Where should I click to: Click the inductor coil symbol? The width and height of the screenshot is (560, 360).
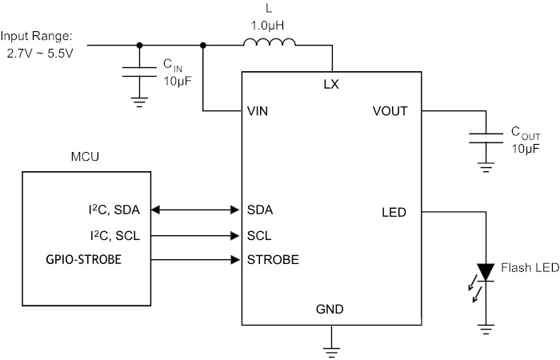click(x=270, y=42)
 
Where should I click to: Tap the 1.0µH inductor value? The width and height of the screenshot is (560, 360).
click(x=267, y=26)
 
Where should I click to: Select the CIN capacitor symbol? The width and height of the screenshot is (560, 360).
click(x=139, y=71)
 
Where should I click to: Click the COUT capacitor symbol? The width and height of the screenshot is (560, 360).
click(x=486, y=138)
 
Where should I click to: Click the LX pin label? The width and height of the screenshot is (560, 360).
click(x=331, y=85)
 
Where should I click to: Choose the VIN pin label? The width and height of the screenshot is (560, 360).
click(x=257, y=111)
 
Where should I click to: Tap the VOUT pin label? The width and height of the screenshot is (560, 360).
click(x=390, y=111)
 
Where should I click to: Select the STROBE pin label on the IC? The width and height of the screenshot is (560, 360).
click(x=273, y=260)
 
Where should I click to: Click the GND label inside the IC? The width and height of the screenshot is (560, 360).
click(x=330, y=309)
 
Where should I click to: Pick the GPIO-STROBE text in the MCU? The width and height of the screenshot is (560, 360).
click(x=83, y=259)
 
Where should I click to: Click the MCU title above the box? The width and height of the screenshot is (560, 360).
click(x=85, y=157)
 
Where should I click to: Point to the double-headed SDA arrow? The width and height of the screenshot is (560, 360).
click(x=195, y=210)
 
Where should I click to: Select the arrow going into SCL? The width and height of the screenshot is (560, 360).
click(x=195, y=236)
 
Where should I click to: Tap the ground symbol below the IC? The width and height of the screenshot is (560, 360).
click(x=332, y=352)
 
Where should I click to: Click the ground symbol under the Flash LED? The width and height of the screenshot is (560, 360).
click(x=486, y=330)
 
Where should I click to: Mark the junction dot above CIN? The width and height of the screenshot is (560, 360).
click(x=140, y=46)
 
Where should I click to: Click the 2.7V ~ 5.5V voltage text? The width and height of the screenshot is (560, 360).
click(x=40, y=54)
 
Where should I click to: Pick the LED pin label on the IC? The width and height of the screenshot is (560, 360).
click(x=394, y=213)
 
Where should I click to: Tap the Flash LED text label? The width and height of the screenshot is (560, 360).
click(x=530, y=267)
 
